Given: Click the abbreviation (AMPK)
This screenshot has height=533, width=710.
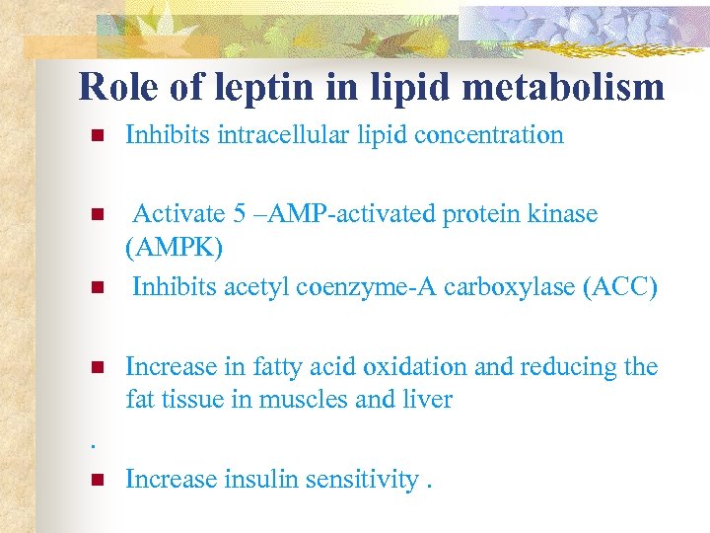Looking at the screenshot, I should (175, 247).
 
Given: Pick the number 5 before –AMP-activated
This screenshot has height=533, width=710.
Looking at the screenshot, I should (226, 213).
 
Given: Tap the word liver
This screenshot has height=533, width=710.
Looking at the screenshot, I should (429, 400).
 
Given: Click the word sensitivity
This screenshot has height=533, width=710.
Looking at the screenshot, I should (356, 480).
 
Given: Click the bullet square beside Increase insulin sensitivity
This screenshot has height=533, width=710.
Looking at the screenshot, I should (96, 481).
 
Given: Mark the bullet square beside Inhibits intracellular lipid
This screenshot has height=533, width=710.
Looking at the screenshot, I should (96, 136).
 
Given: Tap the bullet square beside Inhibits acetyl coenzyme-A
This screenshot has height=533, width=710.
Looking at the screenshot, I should (96, 288).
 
